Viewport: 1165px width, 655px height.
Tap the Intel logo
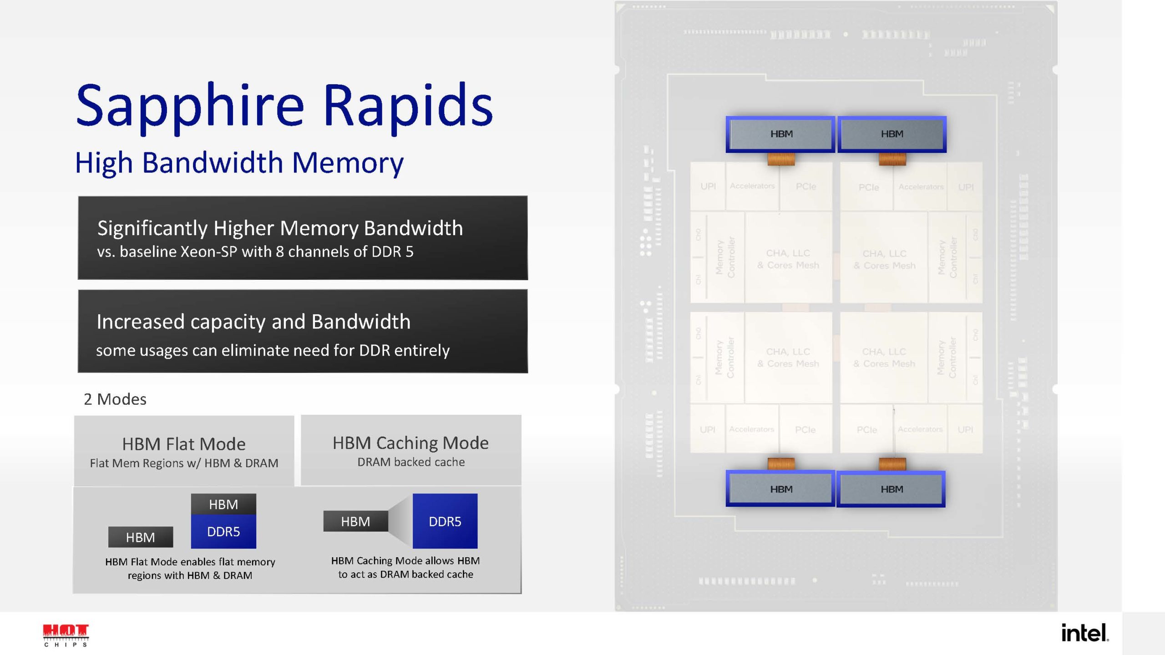[x=1084, y=633]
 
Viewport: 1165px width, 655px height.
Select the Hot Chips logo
[x=66, y=635]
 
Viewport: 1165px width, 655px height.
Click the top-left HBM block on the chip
[x=780, y=134]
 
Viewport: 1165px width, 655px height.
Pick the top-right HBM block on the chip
[x=891, y=134]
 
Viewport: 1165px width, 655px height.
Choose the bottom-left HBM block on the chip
[x=780, y=489]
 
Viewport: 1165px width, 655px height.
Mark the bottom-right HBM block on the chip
[x=891, y=489]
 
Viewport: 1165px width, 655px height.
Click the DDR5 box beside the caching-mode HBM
[x=445, y=521]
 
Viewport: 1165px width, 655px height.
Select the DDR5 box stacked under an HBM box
[x=223, y=532]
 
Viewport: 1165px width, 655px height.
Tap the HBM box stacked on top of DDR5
[x=223, y=504]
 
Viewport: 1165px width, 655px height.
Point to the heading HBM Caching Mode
[x=410, y=443]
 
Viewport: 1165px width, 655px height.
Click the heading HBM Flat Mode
[x=184, y=444]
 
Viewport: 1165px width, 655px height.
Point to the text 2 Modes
[x=115, y=399]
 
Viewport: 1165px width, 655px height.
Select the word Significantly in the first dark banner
[x=153, y=228]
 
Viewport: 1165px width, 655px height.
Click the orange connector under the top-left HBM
[x=781, y=159]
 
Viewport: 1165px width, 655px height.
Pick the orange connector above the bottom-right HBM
[x=892, y=464]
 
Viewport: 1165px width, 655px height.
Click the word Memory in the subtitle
[x=348, y=163]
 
